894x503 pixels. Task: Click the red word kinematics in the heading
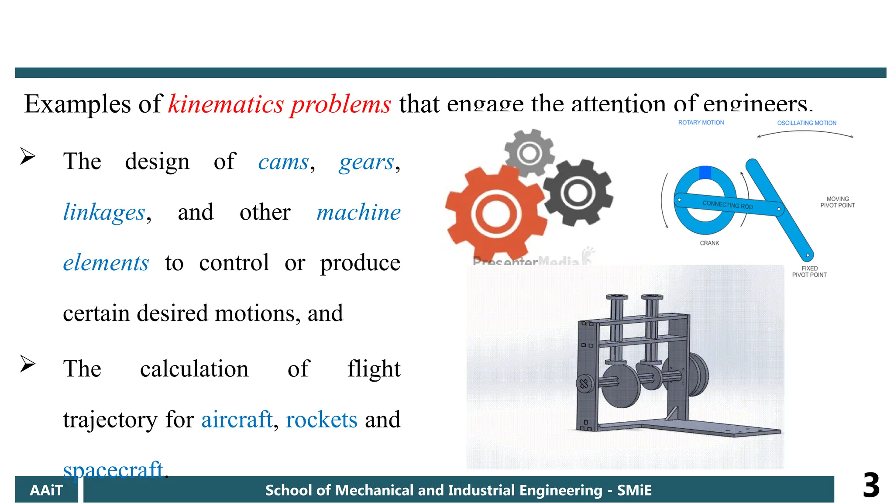pyautogui.click(x=226, y=105)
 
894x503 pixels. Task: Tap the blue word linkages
pyautogui.click(x=104, y=213)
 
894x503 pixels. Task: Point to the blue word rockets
pyautogui.click(x=322, y=420)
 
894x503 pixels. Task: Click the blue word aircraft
pyautogui.click(x=237, y=420)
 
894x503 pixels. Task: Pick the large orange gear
pyautogui.click(x=495, y=214)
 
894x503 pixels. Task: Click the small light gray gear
pyautogui.click(x=530, y=153)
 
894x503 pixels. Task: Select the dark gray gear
pyautogui.click(x=578, y=192)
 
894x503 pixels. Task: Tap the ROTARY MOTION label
pyautogui.click(x=701, y=123)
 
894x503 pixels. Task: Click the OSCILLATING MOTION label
pyautogui.click(x=807, y=123)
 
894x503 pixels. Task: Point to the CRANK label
pyautogui.click(x=709, y=243)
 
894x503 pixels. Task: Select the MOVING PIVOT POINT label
pyautogui.click(x=837, y=202)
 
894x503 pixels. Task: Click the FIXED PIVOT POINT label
pyautogui.click(x=809, y=272)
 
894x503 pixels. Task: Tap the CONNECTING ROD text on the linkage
pyautogui.click(x=728, y=205)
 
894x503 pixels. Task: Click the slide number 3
pyautogui.click(x=871, y=486)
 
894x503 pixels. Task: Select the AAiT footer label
pyautogui.click(x=46, y=490)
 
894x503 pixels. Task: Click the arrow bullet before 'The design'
pyautogui.click(x=28, y=156)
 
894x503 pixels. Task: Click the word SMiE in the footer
pyautogui.click(x=634, y=490)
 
